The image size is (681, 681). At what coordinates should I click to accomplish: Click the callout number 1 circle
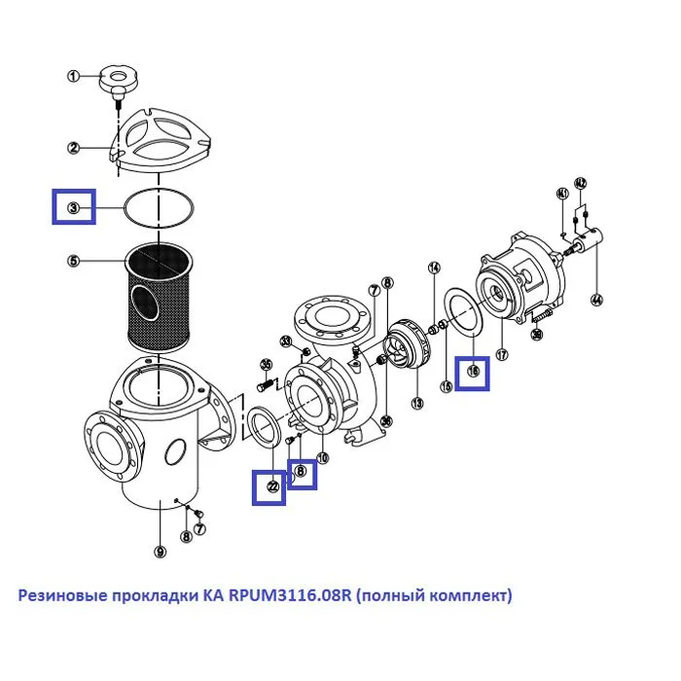(x=73, y=76)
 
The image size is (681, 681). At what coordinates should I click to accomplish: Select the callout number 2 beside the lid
(x=73, y=148)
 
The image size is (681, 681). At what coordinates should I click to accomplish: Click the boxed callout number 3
(x=74, y=207)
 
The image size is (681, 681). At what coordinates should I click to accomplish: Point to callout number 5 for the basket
(x=73, y=261)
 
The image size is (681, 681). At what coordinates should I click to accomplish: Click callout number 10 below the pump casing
(x=322, y=457)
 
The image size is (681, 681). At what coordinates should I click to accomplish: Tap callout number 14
(x=434, y=268)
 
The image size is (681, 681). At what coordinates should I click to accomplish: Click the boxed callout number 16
(x=474, y=370)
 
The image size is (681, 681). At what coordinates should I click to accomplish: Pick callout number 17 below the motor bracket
(x=503, y=354)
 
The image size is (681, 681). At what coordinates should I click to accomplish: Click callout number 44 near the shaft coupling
(x=596, y=300)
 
